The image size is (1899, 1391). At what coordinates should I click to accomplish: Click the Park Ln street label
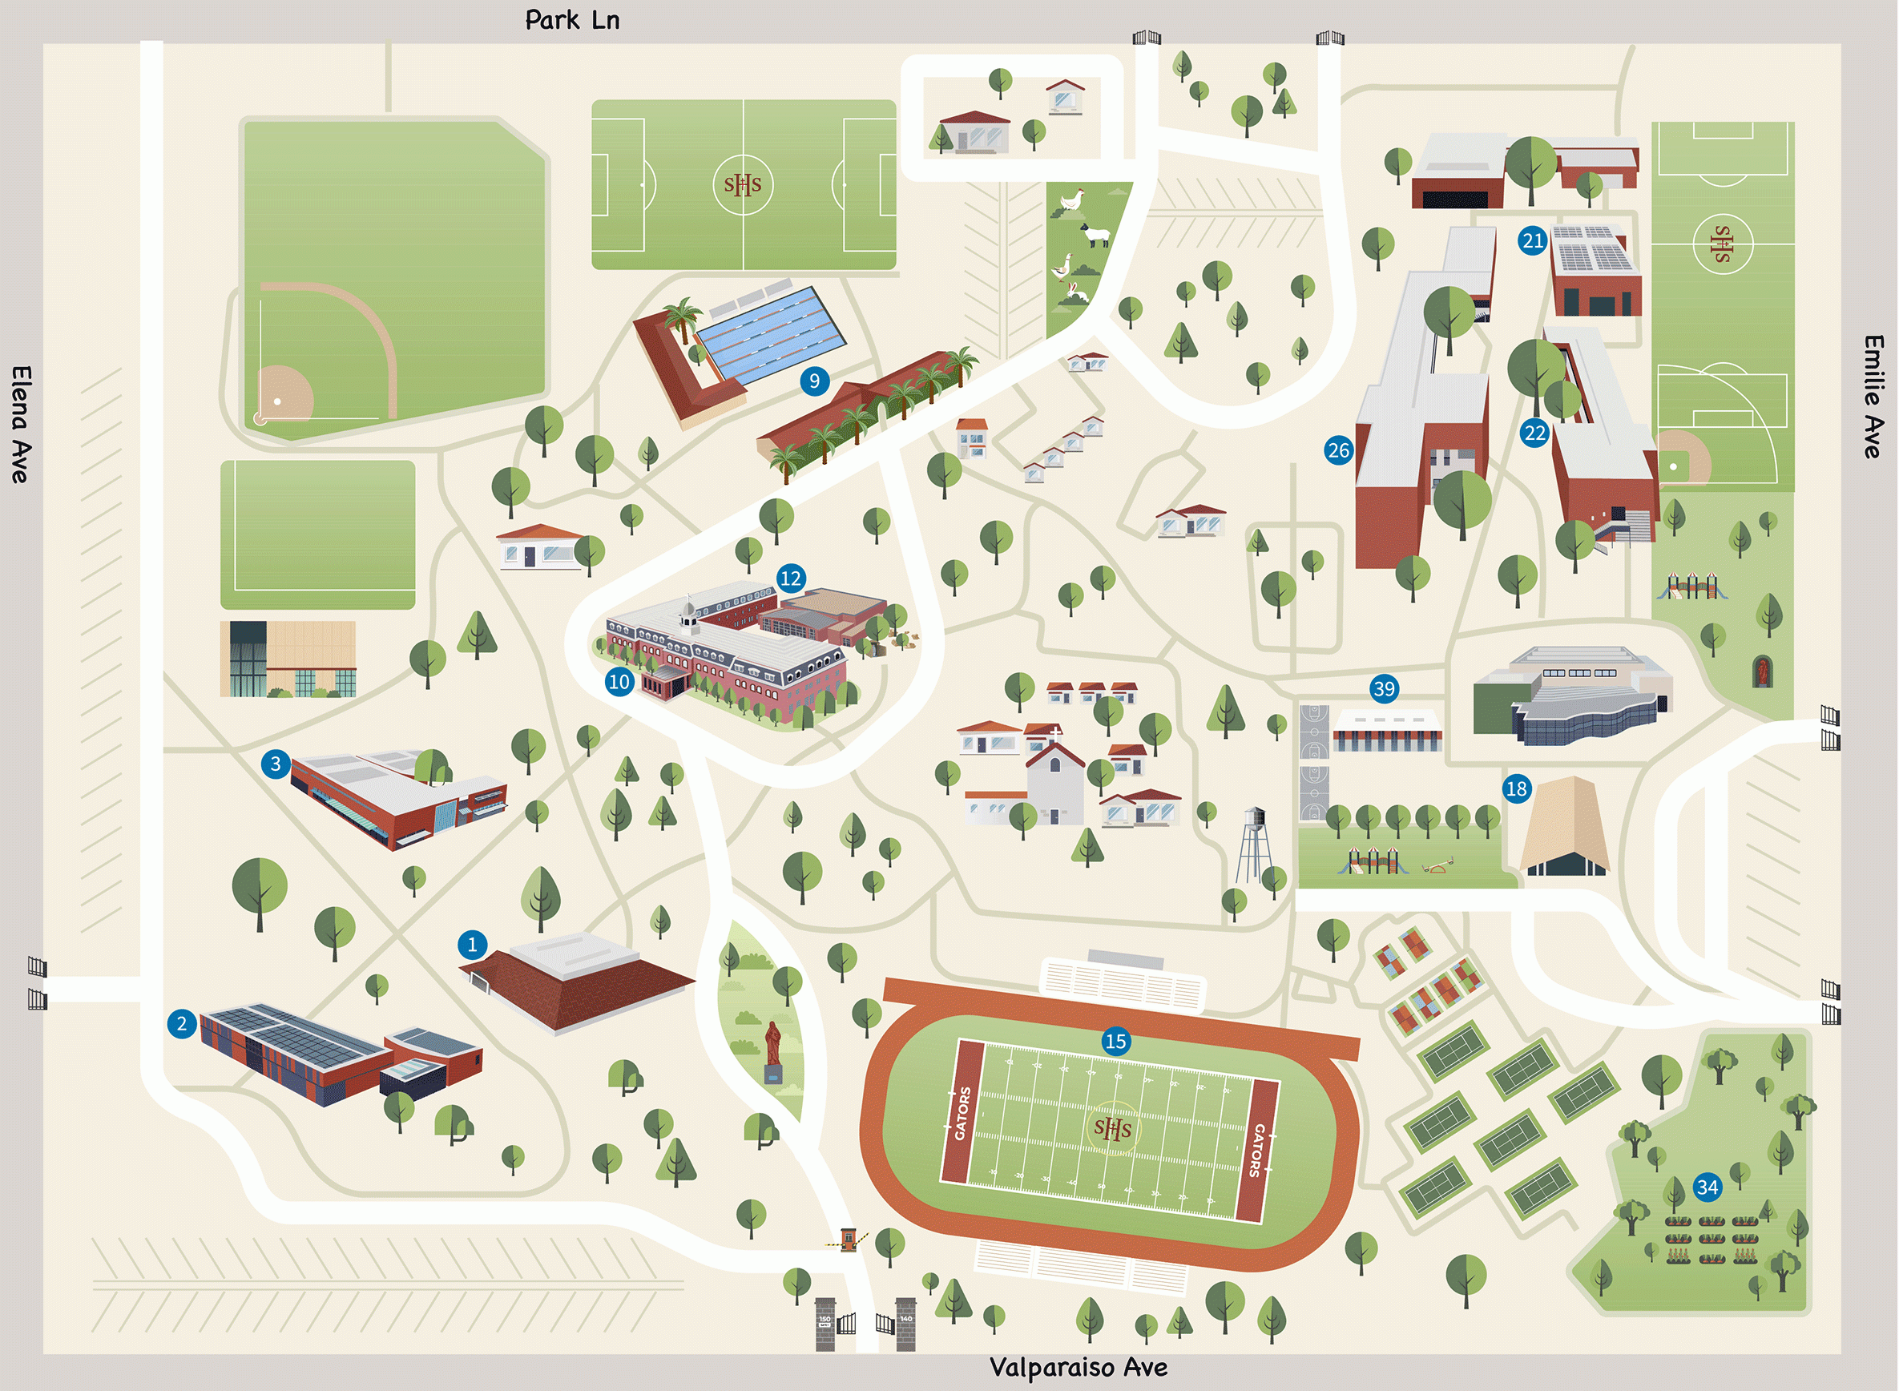(x=572, y=20)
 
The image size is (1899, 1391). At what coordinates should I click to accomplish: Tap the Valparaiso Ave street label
(x=1079, y=1367)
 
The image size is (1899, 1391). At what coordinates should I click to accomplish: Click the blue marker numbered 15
(x=1115, y=1042)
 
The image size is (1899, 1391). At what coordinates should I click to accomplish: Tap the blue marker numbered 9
(x=814, y=381)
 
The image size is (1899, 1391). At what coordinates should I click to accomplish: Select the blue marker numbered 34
(x=1707, y=1187)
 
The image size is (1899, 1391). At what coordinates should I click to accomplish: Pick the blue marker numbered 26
(x=1338, y=450)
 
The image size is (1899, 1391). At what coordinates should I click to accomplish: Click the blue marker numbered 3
(x=276, y=764)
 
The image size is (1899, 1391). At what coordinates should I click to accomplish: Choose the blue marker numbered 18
(x=1516, y=789)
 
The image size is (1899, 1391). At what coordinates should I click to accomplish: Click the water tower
(x=1254, y=842)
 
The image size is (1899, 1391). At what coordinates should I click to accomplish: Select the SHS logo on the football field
(x=1112, y=1127)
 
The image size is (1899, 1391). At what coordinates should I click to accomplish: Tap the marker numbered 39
(x=1384, y=689)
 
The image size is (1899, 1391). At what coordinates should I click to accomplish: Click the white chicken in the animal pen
(x=1070, y=201)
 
